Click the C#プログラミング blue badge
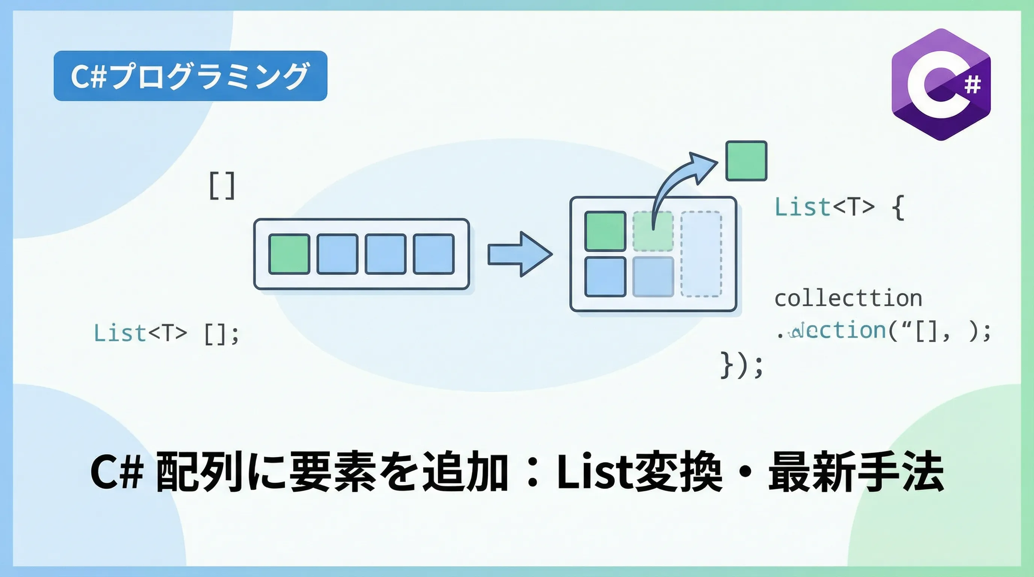coord(190,76)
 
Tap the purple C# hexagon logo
coord(940,85)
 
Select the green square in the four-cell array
coord(289,254)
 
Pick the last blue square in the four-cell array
coord(434,254)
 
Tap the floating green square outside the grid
coord(746,160)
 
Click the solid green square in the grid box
coord(605,231)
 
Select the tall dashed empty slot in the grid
coord(701,254)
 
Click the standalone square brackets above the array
coord(222,185)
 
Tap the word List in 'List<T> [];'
coord(119,333)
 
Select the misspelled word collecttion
coord(848,299)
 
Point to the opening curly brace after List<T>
coord(898,207)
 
